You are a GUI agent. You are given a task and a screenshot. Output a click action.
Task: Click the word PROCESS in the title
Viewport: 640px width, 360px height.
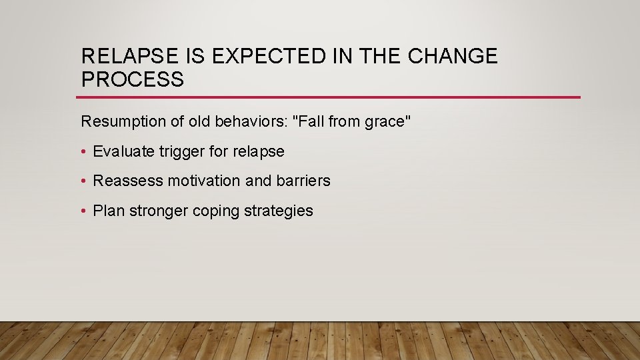[x=132, y=80]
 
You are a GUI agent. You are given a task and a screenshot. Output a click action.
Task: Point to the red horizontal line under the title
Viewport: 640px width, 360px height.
[x=330, y=97]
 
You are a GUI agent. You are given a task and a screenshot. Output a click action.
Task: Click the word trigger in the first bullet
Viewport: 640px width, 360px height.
[x=181, y=151]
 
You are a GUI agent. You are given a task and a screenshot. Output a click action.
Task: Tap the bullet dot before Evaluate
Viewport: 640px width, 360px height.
[x=84, y=152]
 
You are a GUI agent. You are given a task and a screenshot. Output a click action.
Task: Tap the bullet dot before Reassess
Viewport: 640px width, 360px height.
[x=84, y=181]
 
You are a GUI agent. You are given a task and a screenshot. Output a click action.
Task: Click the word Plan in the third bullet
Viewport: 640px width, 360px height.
[x=108, y=211]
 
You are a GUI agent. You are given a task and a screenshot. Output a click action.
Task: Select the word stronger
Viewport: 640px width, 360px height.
[x=158, y=211]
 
